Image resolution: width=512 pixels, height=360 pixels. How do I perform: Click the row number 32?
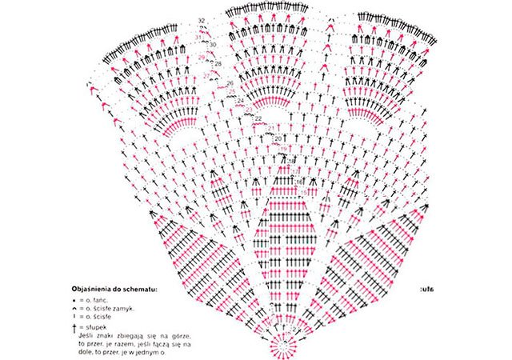[x=201, y=19]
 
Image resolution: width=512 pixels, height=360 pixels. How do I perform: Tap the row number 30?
[x=212, y=45]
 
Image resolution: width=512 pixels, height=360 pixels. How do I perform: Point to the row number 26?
[x=230, y=83]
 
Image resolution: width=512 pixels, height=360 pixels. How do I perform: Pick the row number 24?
[x=241, y=100]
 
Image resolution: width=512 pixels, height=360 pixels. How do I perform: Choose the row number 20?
[x=278, y=138]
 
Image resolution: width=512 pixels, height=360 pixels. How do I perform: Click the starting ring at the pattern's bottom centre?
[x=281, y=343]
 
